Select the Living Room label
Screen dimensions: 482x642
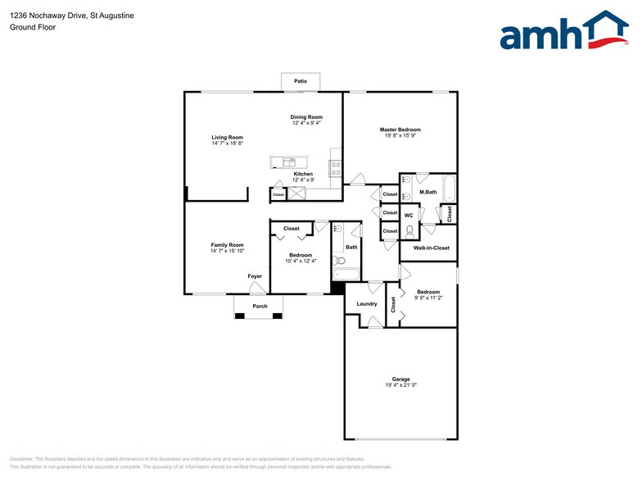[227, 137]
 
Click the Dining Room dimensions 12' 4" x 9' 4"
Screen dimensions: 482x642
[306, 124]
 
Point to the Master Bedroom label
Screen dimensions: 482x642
[400, 130]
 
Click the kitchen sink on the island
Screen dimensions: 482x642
[289, 162]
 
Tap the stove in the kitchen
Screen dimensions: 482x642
[336, 169]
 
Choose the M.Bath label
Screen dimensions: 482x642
[427, 193]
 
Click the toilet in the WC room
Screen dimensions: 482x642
[409, 230]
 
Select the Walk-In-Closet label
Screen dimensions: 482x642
[431, 248]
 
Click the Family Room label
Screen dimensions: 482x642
[227, 245]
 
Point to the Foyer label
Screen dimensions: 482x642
[255, 276]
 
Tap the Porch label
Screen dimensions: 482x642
[260, 307]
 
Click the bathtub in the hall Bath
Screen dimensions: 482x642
[346, 276]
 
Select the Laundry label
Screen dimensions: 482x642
[367, 304]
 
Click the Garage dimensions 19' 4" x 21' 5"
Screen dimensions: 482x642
[400, 385]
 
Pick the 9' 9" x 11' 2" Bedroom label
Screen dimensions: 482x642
[428, 292]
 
